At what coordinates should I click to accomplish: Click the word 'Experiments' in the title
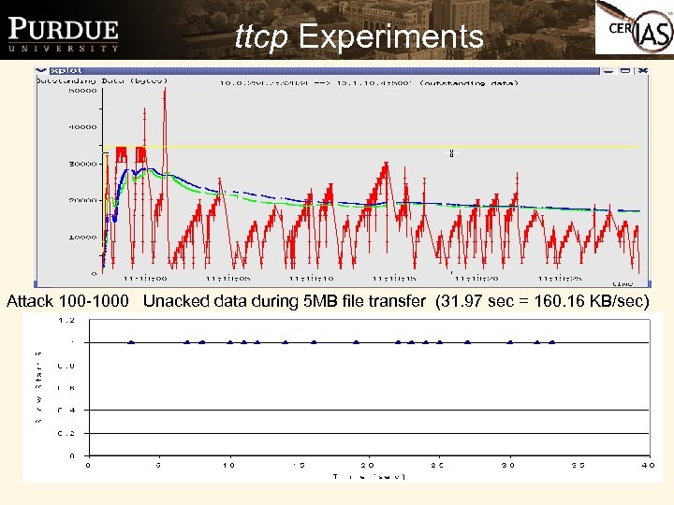(x=390, y=36)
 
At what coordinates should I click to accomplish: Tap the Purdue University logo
(x=64, y=35)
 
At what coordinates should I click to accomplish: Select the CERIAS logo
(x=634, y=35)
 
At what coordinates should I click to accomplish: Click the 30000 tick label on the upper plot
(x=83, y=164)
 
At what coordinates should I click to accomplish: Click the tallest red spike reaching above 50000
(x=165, y=94)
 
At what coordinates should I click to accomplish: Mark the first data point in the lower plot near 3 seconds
(x=131, y=342)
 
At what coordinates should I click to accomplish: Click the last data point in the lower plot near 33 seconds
(x=552, y=342)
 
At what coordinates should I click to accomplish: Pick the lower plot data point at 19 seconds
(x=356, y=342)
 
